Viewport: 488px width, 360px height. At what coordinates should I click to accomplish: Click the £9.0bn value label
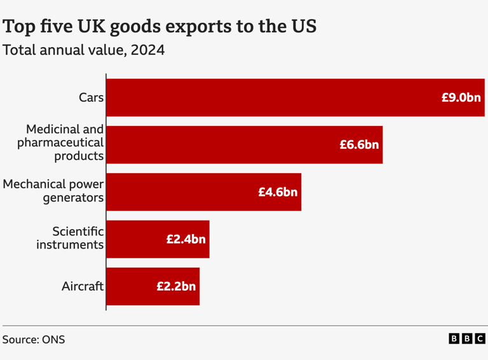pyautogui.click(x=461, y=97)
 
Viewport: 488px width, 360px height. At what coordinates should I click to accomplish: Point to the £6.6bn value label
pyautogui.click(x=359, y=144)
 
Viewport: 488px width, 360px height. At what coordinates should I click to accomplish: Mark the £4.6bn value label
pyautogui.click(x=278, y=191)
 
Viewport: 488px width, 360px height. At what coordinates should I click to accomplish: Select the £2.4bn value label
pyautogui.click(x=186, y=239)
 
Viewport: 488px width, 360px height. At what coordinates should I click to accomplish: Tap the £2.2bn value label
pyautogui.click(x=176, y=286)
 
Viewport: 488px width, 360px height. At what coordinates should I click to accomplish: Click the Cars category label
pyautogui.click(x=91, y=97)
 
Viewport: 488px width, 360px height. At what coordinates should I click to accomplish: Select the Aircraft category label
pyautogui.click(x=82, y=286)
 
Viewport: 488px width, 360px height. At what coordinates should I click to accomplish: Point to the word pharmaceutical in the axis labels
pyautogui.click(x=60, y=142)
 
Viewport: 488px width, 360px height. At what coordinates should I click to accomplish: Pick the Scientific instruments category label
pyautogui.click(x=70, y=238)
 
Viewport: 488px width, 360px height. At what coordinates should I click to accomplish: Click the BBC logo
pyautogui.click(x=467, y=339)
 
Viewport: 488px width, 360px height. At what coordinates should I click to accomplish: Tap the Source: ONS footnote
pyautogui.click(x=34, y=339)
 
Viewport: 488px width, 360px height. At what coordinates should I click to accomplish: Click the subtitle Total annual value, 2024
pyautogui.click(x=83, y=50)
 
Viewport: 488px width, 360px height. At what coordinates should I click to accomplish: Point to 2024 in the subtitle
pyautogui.click(x=147, y=50)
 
